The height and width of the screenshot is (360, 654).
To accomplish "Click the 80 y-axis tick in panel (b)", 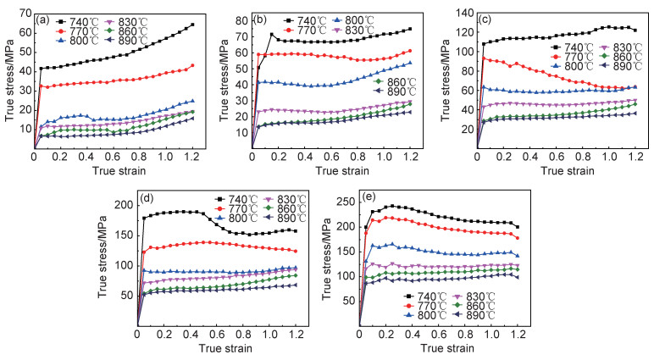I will tap(243, 19).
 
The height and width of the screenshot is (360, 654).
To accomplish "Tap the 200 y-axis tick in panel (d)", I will tap(125, 205).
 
